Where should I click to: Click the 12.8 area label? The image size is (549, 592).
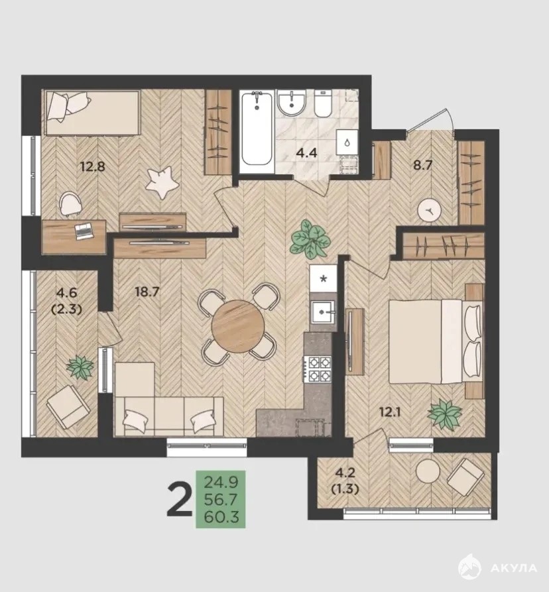93,166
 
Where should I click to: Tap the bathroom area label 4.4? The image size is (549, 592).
306,153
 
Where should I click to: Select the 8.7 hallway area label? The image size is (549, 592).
422,165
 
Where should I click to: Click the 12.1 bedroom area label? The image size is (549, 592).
391,412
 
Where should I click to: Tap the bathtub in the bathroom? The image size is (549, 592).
257,129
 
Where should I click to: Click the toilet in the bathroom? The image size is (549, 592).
323,103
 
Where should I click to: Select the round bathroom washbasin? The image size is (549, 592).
291,103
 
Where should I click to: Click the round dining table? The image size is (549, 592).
238,326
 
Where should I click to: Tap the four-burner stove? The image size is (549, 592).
318,369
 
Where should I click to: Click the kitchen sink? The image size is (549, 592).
322,312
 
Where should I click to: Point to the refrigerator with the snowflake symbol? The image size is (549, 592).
323,278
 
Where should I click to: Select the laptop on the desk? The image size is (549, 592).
84,231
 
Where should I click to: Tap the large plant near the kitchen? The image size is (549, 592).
310,239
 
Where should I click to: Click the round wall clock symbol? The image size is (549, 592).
430,211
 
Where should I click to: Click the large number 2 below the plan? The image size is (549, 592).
180,500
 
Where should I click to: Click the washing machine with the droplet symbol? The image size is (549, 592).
347,143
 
